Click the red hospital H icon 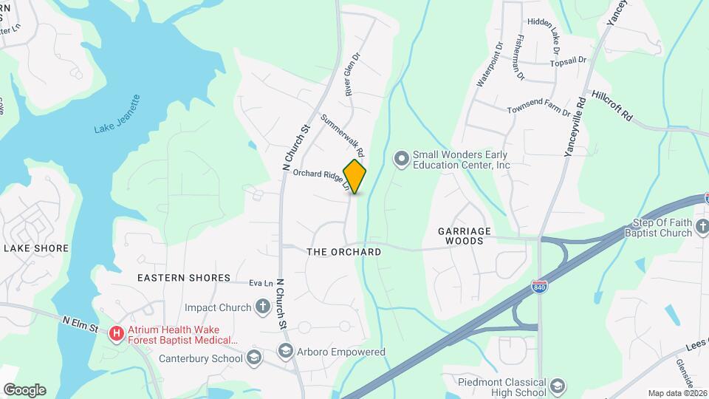pos(116,335)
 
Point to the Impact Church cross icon pos(262,306)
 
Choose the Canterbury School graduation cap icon pos(254,358)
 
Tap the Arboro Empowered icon pos(286,352)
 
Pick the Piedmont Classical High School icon pos(558,386)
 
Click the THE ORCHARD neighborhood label pos(343,252)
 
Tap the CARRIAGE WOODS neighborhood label pos(465,236)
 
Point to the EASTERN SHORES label pos(184,278)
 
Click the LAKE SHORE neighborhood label pos(36,248)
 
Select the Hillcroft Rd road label pos(612,106)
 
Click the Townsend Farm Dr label pos(538,110)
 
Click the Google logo pos(24,389)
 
